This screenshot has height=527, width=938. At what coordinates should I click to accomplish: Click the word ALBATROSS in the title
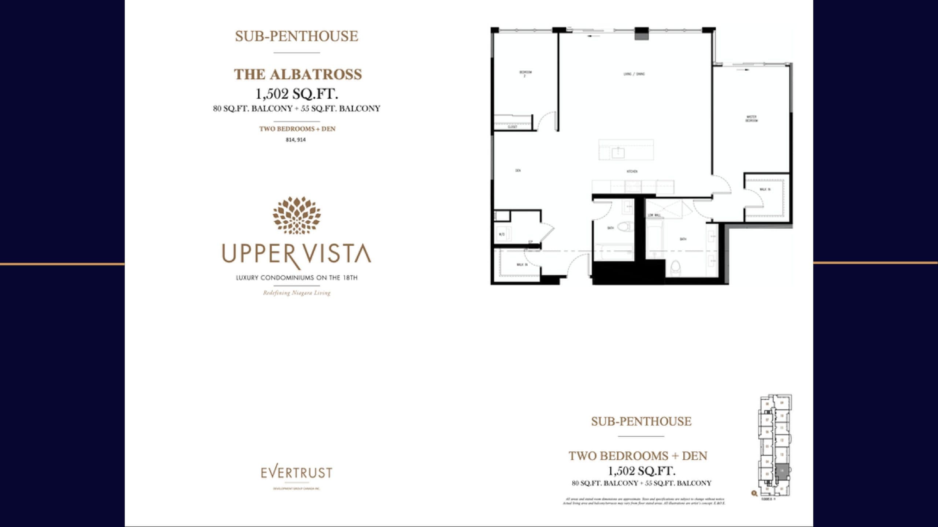point(317,75)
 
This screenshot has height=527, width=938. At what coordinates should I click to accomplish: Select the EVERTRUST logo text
point(296,472)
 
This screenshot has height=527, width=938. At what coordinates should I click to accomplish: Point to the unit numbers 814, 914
point(296,139)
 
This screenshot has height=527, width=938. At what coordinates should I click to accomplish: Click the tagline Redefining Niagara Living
point(297,293)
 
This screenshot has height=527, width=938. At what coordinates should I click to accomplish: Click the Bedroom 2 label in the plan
point(525,74)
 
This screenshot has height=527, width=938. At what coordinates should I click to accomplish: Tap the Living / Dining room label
point(634,74)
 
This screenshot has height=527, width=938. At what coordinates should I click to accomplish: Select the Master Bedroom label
point(751,119)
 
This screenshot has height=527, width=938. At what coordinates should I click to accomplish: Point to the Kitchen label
point(632,171)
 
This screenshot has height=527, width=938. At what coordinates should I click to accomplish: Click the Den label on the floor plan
point(518,171)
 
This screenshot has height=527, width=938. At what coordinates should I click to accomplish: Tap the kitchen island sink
point(618,152)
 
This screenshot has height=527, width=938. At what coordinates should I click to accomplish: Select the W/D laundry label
point(502,234)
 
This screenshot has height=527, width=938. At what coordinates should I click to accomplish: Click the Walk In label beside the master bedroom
point(765,190)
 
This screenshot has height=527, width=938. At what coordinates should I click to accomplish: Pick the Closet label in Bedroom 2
point(513,127)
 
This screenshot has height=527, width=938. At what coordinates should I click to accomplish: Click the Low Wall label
point(654,215)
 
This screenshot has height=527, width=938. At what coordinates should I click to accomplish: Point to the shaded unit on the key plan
point(782,471)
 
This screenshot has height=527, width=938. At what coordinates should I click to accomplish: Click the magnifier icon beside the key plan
point(754,493)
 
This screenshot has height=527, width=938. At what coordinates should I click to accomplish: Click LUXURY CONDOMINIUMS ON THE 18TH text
point(297,278)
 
